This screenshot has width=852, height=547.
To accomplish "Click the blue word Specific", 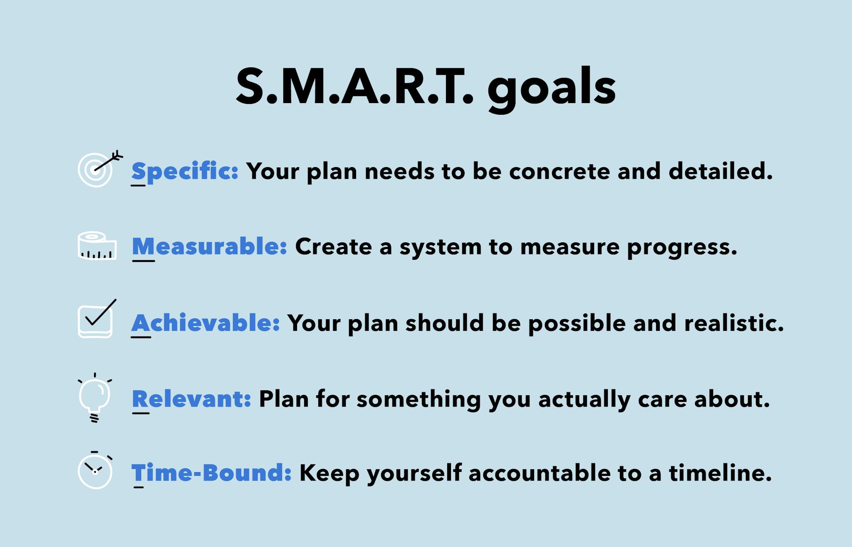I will [x=185, y=171].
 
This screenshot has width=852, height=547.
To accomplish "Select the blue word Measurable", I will [x=209, y=246].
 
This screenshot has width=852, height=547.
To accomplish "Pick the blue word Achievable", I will [x=206, y=323].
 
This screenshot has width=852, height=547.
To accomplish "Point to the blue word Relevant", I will [x=191, y=399].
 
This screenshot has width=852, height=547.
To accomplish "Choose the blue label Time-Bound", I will [x=211, y=473].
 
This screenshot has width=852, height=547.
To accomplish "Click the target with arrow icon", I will [x=98, y=168].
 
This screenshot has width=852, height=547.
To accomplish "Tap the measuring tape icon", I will [x=97, y=246].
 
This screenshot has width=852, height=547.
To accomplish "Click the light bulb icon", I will [x=95, y=397].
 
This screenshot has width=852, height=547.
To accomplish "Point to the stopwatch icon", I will [x=95, y=471].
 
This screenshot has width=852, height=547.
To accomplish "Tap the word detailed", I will [x=720, y=171].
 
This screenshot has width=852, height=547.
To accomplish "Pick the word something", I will [x=419, y=399].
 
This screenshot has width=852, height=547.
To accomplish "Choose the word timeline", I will [x=720, y=473].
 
